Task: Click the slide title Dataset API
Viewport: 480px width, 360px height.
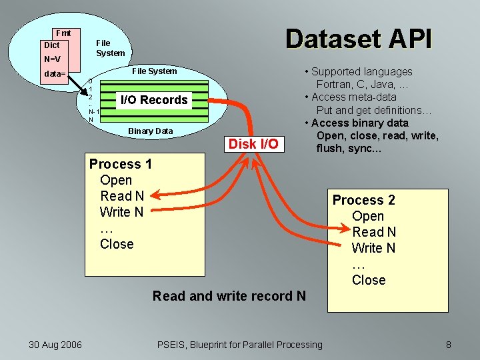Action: click(359, 39)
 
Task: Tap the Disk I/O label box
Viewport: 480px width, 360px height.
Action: click(253, 143)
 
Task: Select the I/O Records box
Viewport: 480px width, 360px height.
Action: click(153, 100)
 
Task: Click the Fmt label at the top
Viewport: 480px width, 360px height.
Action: click(64, 33)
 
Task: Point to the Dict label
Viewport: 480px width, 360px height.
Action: click(51, 45)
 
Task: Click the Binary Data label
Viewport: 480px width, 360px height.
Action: click(150, 131)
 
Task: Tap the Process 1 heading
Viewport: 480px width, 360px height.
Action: click(121, 164)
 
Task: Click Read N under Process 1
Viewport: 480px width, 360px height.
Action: click(122, 196)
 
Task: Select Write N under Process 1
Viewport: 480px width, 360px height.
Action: click(121, 212)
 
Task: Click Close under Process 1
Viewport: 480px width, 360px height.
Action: click(117, 244)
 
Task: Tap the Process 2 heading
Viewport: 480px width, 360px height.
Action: click(364, 200)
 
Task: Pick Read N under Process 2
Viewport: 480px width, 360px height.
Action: click(374, 232)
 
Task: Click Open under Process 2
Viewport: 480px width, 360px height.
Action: click(368, 216)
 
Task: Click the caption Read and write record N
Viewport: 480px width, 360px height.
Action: click(229, 295)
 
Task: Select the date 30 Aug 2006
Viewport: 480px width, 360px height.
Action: click(55, 344)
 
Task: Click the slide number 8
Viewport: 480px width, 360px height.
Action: click(449, 344)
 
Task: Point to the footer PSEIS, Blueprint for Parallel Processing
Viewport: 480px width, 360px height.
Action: click(239, 344)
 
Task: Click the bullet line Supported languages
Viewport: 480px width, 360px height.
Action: click(362, 71)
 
